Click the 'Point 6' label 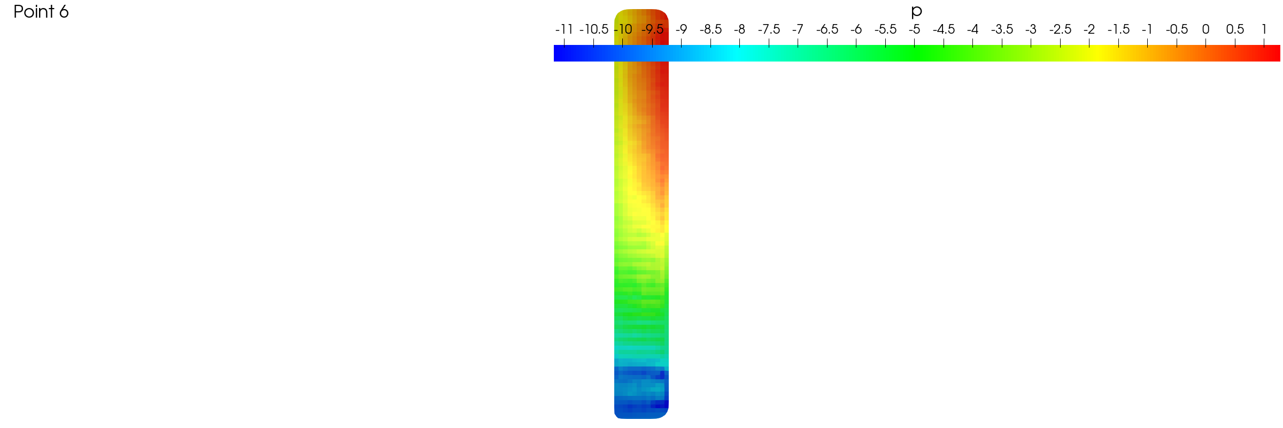(41, 12)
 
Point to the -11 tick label (564, 29)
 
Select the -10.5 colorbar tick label (593, 29)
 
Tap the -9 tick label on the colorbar (681, 29)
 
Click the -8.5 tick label (710, 29)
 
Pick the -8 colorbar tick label (739, 29)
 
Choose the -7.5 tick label (769, 29)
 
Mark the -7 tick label (798, 29)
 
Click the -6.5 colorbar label (827, 29)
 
